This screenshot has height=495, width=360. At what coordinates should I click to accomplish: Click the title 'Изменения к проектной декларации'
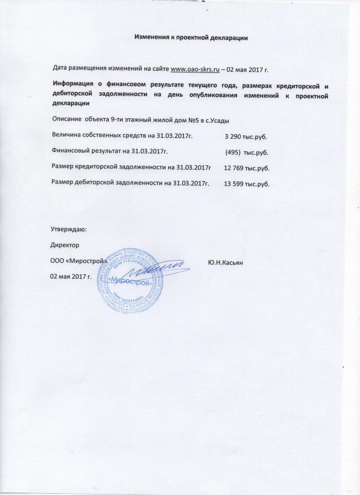191,37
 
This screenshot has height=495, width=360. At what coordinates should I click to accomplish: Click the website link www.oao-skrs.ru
195,69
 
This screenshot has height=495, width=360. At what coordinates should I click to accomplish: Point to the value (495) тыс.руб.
247,152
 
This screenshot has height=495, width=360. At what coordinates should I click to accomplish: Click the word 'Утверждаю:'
68,230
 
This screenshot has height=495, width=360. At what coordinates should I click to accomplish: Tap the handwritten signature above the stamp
164,266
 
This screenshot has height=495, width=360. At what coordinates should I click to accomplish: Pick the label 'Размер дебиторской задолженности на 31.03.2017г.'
131,184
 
